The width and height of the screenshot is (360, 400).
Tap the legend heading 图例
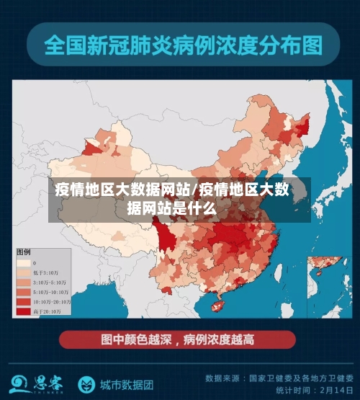point(24,252)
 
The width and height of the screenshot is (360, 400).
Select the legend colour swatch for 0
point(24,263)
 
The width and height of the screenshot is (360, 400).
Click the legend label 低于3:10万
point(45,272)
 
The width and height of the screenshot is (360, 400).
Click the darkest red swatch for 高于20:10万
point(24,311)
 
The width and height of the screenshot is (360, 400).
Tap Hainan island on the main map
point(216,306)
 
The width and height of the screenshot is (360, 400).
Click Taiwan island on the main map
point(279,272)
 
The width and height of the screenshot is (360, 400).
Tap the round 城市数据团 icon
point(86,383)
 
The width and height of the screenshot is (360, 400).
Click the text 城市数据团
point(127,383)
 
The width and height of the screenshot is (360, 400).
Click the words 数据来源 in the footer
point(219,377)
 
